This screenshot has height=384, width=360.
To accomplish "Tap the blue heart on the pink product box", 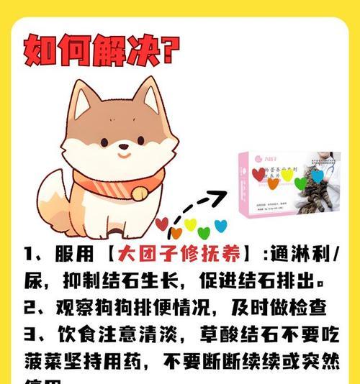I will pos(318,175).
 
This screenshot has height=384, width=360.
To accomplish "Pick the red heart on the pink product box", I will pos(258,173).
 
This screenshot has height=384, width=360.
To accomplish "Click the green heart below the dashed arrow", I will pos(204,232).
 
